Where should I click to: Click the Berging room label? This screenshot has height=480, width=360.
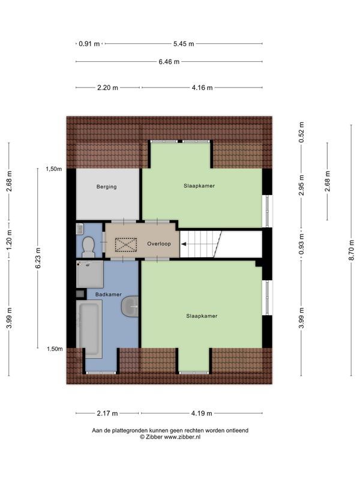click(107, 187)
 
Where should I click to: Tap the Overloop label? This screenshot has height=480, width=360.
click(159, 244)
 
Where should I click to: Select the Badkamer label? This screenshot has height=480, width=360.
click(109, 295)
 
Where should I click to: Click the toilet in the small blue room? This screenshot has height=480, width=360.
click(88, 247)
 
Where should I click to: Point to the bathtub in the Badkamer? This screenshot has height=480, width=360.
click(89, 329)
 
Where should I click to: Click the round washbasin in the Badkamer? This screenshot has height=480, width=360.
click(130, 306)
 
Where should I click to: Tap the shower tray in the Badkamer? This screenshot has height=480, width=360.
click(89, 274)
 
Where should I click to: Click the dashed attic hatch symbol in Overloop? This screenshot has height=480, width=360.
click(126, 245)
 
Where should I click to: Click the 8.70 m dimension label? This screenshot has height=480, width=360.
click(352, 250)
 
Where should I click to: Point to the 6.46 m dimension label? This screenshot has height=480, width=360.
click(169, 62)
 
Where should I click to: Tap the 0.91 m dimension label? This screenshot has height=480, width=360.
click(89, 44)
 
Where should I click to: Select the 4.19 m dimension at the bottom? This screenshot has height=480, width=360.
click(202, 413)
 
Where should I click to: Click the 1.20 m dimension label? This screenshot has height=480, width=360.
click(9, 239)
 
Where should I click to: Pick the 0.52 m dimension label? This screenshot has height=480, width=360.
click(302, 132)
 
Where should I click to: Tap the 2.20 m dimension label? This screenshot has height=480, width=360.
click(107, 88)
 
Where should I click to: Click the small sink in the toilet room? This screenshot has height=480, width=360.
click(80, 229)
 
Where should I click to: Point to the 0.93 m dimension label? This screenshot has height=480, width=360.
click(302, 244)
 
